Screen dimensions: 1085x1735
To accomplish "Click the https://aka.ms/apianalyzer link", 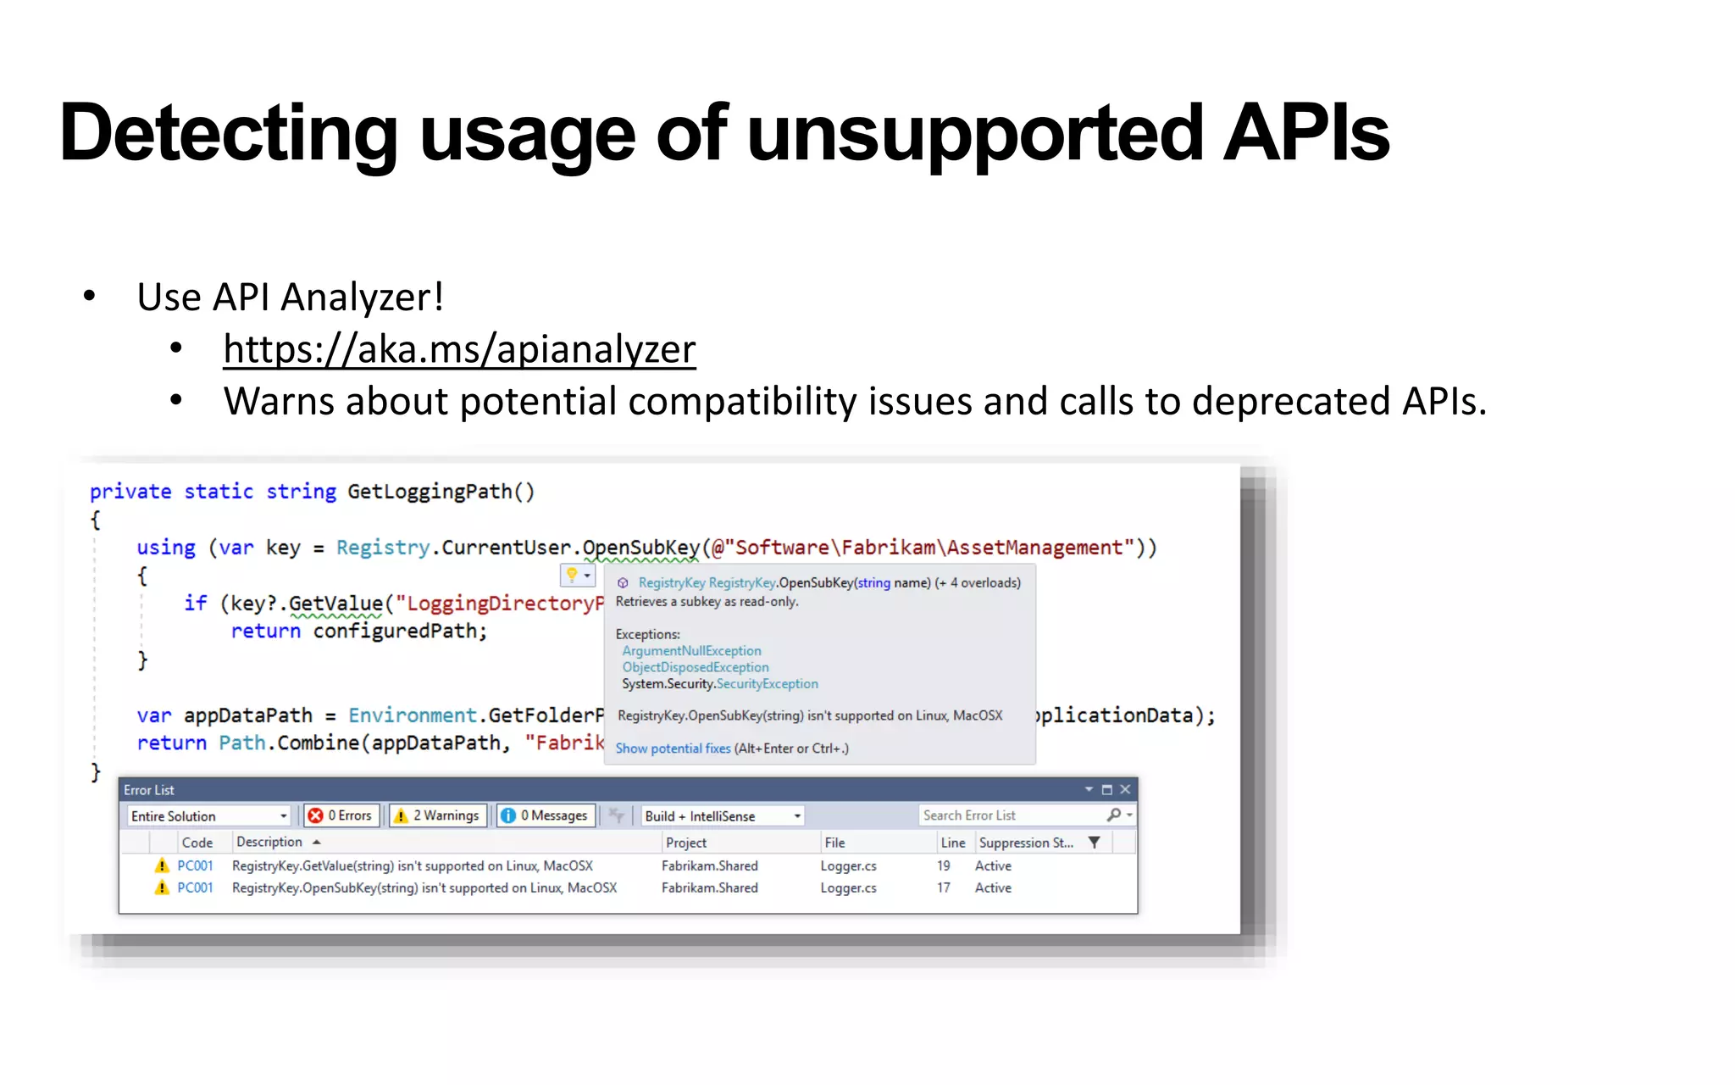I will click(x=459, y=349).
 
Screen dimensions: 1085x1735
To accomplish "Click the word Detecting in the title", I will click(x=229, y=133).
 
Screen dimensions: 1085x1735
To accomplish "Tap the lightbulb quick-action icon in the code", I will click(x=573, y=576).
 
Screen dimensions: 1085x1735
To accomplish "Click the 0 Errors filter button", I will click(x=341, y=815).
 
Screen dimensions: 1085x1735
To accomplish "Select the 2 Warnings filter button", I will click(x=438, y=815).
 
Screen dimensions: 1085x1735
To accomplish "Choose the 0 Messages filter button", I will click(x=546, y=815).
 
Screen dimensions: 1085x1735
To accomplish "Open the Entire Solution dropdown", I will click(x=208, y=816).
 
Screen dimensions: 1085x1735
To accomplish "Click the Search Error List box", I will click(x=1012, y=815).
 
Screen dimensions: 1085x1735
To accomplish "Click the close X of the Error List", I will click(x=1125, y=789).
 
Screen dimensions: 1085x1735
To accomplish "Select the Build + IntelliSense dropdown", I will click(x=722, y=816).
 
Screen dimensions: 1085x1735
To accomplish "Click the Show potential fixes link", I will click(x=673, y=748).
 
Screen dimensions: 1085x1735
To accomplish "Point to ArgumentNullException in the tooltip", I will click(x=691, y=651).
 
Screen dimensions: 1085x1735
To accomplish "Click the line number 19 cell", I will click(x=944, y=865).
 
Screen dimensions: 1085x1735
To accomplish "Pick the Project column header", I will click(x=686, y=843).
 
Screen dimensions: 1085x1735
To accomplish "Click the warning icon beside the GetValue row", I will click(x=162, y=865).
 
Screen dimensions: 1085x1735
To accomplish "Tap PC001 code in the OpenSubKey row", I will click(x=195, y=887).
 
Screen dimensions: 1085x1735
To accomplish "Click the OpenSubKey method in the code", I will click(x=641, y=548).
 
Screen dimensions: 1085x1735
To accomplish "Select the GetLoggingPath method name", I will click(x=430, y=492).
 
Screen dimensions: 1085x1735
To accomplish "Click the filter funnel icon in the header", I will click(x=1095, y=843).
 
